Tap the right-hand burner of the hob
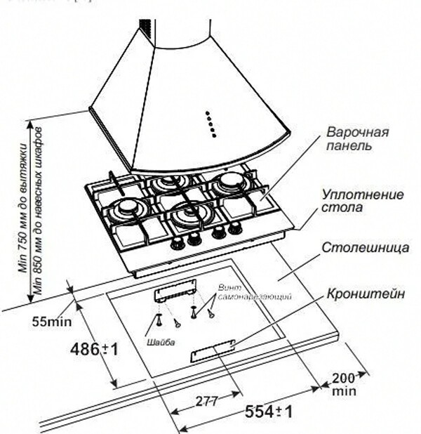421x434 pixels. pyautogui.click(x=229, y=185)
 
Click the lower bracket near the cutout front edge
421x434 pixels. pyautogui.click(x=211, y=351)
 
